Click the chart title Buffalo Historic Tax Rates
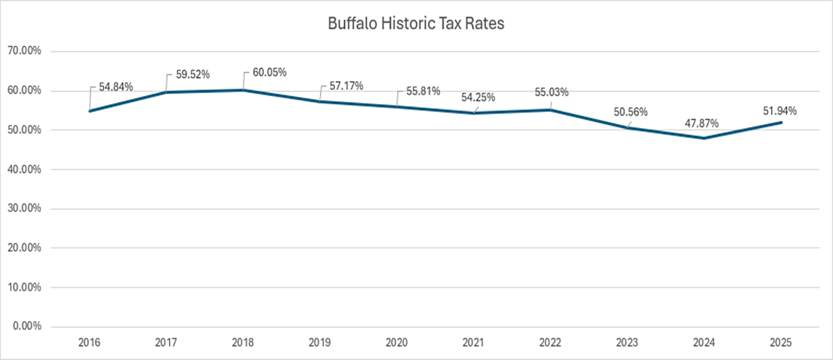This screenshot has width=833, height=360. click(x=416, y=24)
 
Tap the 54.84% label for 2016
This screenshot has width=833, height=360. click(x=116, y=86)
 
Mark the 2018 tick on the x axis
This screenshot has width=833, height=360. click(x=243, y=343)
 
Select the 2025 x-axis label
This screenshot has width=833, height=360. click(x=780, y=343)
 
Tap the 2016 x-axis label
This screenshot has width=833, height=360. click(x=89, y=343)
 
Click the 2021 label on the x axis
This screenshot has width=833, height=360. click(x=474, y=343)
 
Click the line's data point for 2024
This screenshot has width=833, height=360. click(x=704, y=138)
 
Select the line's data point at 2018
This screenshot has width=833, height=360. click(x=243, y=90)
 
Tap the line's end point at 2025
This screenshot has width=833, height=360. click(x=780, y=122)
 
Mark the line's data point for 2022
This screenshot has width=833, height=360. click(x=550, y=110)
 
